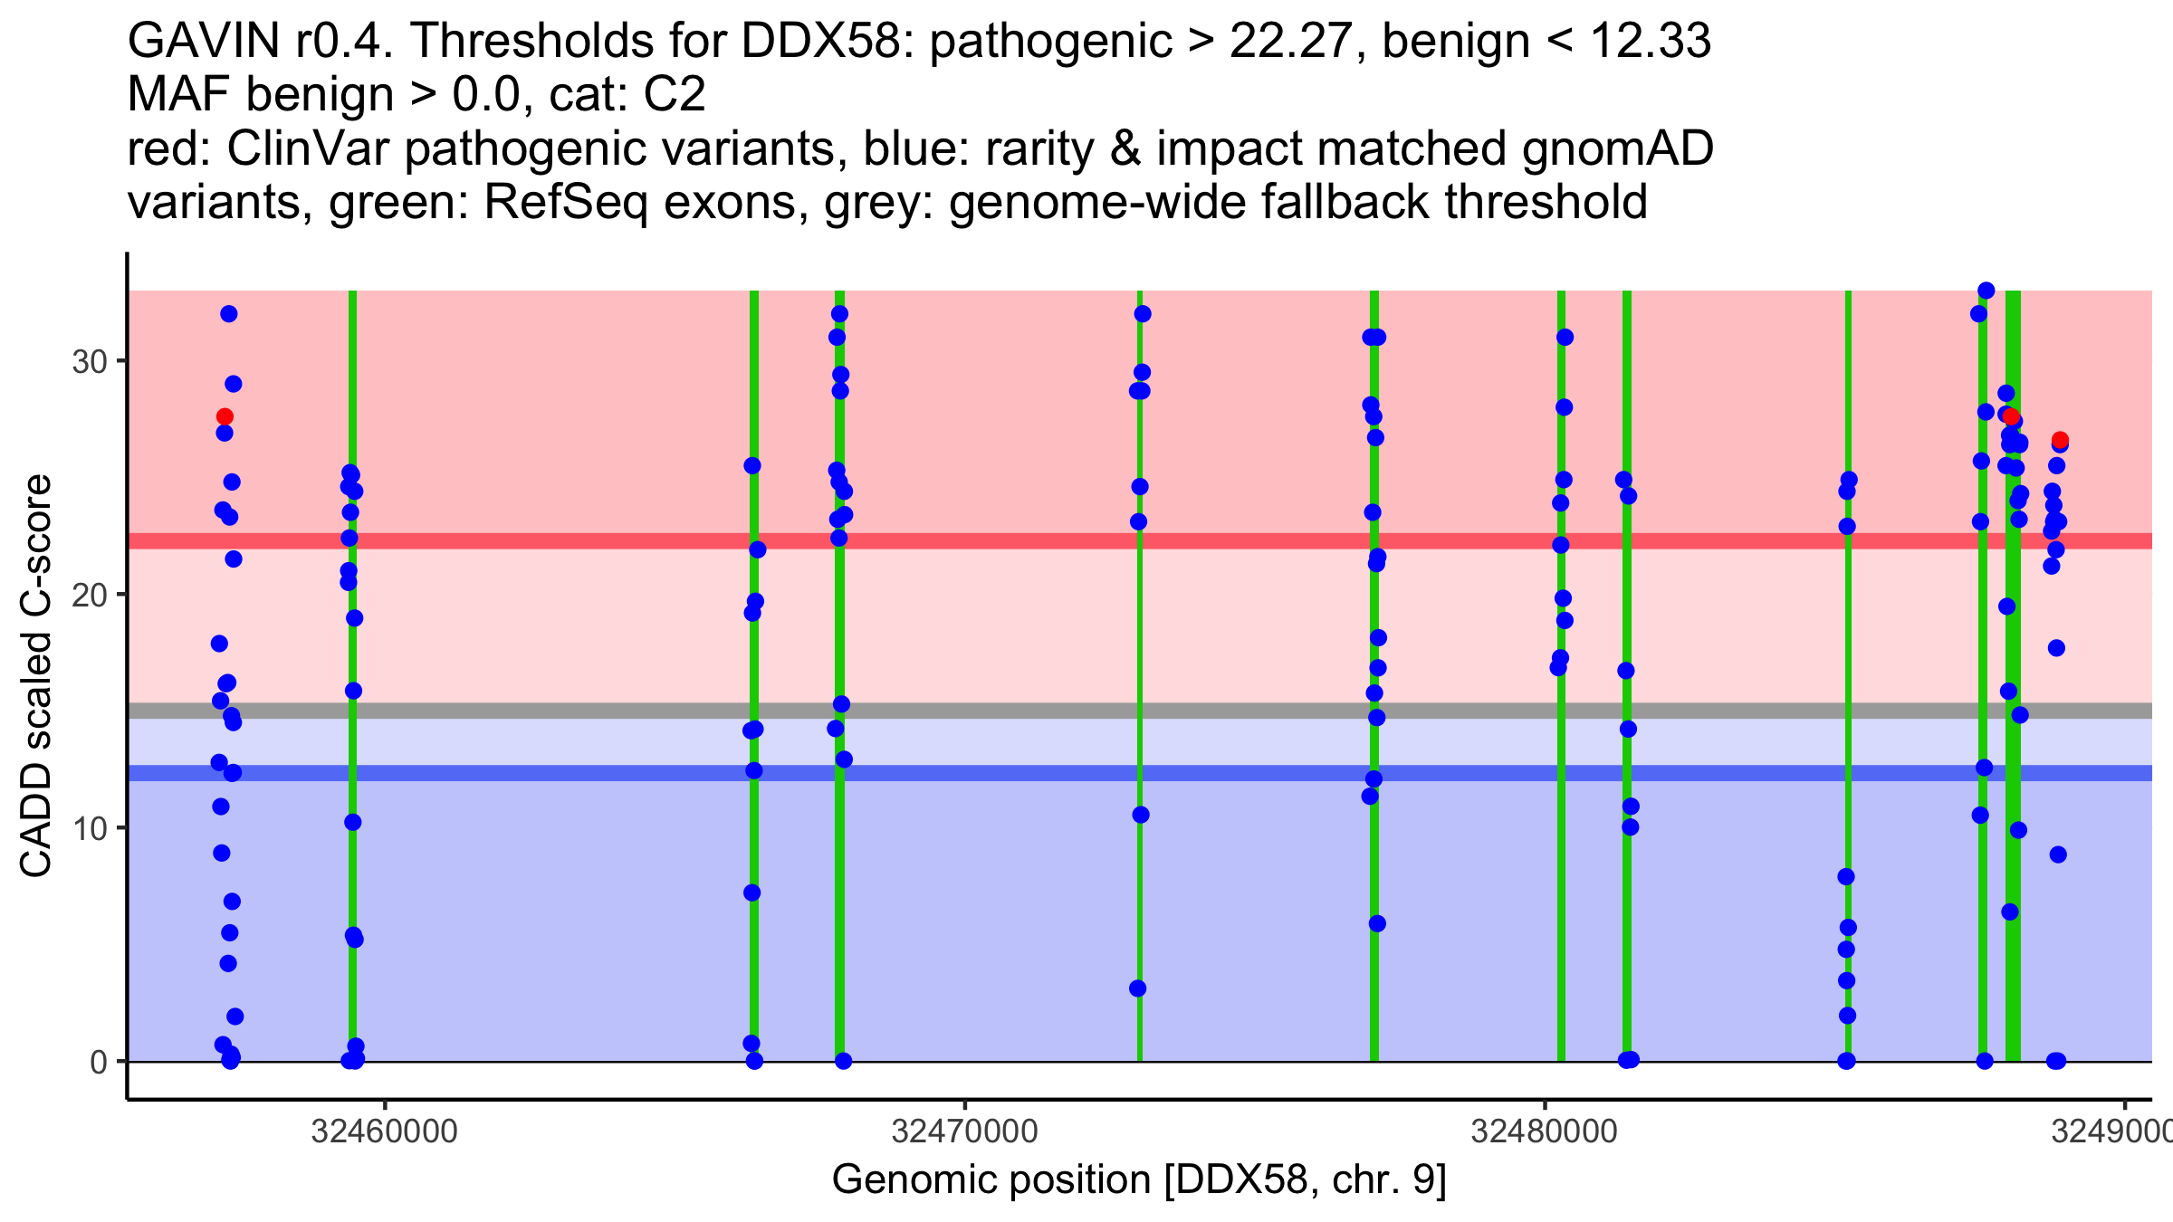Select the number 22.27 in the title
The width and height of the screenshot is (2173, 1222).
point(1291,41)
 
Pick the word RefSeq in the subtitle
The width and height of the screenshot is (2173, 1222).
point(566,202)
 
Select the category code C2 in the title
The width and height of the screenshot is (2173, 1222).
point(674,94)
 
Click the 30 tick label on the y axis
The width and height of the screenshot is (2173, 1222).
point(89,362)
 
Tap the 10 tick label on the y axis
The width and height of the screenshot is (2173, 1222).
point(89,828)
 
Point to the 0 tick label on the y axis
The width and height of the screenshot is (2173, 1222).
point(99,1062)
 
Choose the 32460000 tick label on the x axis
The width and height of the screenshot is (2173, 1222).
point(384,1131)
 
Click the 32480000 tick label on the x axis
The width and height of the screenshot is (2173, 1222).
point(1544,1131)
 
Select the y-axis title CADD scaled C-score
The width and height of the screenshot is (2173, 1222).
point(36,676)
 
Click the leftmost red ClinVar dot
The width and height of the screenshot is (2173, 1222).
point(225,417)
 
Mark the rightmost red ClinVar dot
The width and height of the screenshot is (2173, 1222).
point(2060,441)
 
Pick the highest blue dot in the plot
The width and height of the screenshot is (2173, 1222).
point(1986,291)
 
